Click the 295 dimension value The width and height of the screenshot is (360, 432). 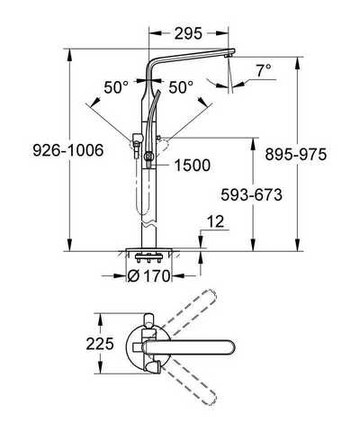(x=188, y=33)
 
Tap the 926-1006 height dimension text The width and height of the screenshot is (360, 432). (x=68, y=150)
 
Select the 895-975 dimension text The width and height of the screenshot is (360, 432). (x=295, y=155)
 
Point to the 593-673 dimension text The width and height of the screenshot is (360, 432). (x=251, y=194)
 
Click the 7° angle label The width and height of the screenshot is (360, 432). (x=264, y=71)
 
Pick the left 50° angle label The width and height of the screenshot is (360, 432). (x=116, y=87)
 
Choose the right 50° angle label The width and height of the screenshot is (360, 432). (x=181, y=87)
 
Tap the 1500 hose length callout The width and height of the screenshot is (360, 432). (x=192, y=166)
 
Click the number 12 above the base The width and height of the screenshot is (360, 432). (x=216, y=221)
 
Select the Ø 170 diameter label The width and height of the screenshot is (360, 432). (x=148, y=275)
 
